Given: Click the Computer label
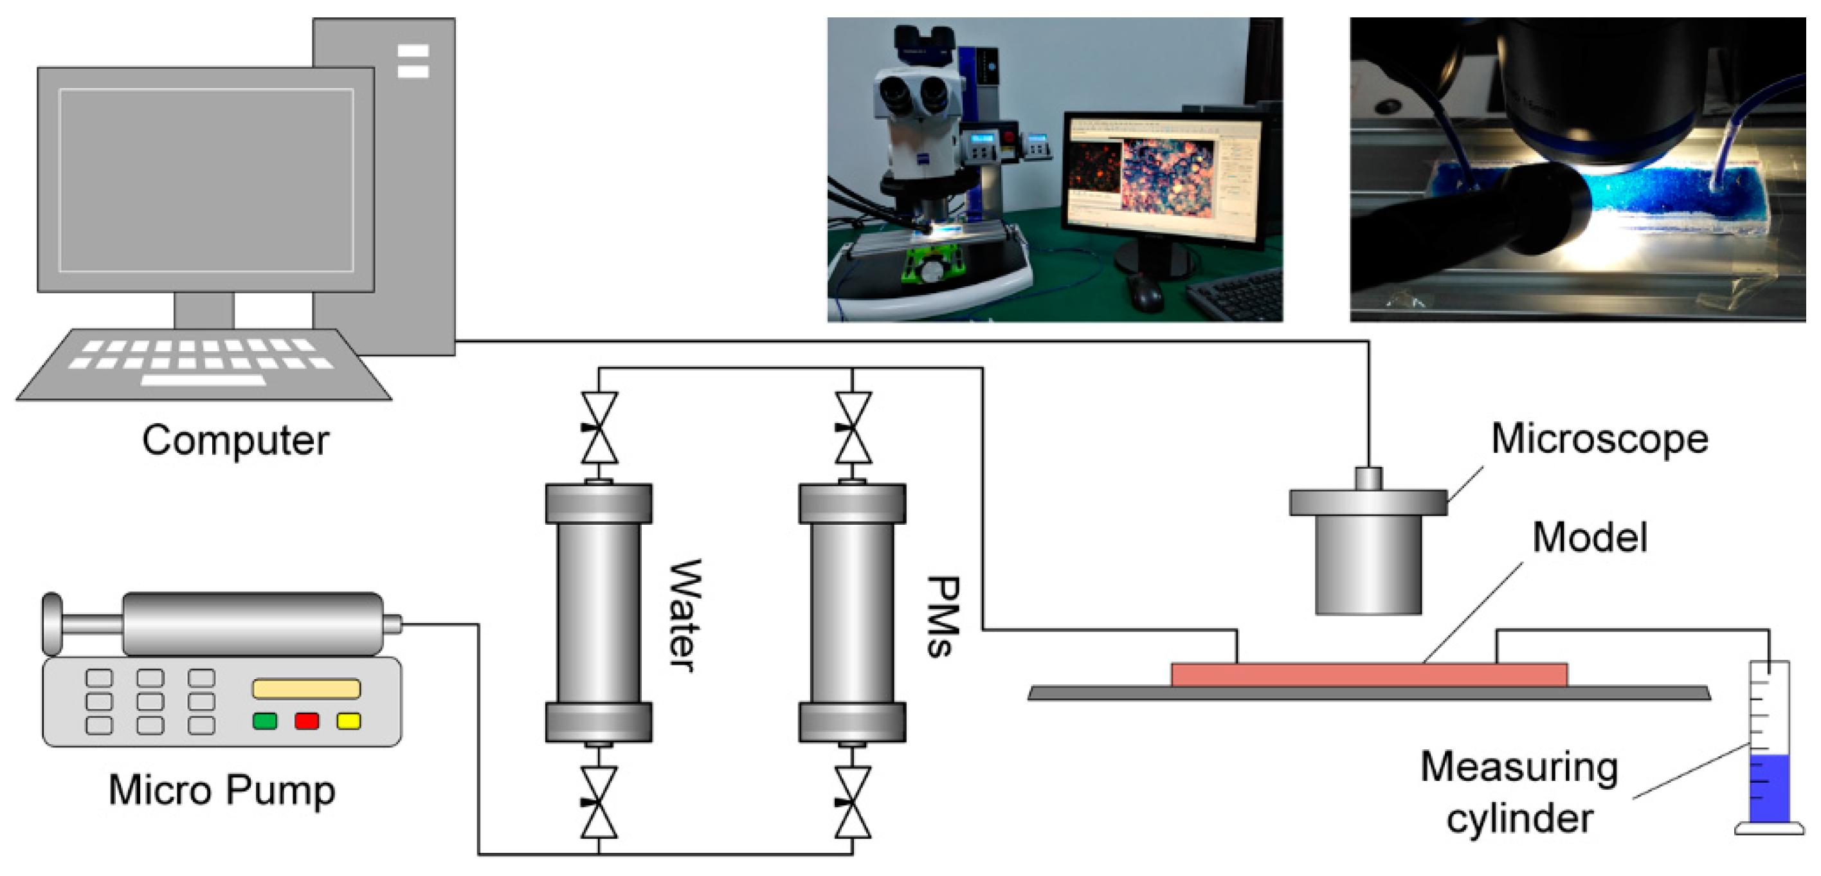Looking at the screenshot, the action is click(235, 440).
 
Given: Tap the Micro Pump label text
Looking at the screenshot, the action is click(221, 790).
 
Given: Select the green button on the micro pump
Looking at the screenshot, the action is click(265, 720).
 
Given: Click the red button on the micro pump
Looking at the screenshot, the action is click(307, 720).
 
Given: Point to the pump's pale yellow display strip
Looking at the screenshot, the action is click(307, 688).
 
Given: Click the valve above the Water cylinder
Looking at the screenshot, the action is click(599, 428).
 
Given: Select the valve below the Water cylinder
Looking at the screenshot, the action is click(599, 803).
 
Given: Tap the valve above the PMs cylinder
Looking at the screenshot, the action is click(853, 428).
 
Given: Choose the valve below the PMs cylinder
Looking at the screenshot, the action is click(853, 803).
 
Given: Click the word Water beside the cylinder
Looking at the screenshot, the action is click(684, 615).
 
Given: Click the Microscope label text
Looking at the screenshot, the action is click(1600, 439).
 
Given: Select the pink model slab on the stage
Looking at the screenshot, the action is click(1368, 675).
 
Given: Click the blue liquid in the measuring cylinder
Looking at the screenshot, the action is click(1769, 788).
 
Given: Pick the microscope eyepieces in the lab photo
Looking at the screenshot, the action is click(912, 92).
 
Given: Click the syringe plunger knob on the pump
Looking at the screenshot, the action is click(52, 624).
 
